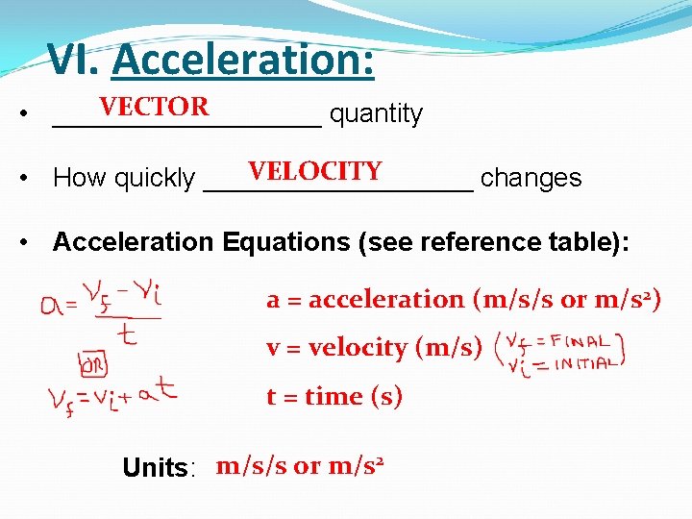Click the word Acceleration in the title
[x=243, y=61]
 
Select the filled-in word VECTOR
[x=154, y=107]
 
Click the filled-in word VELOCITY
[x=314, y=171]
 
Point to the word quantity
[x=376, y=114]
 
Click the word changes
[x=531, y=178]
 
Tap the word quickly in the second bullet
[x=154, y=179]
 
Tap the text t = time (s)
[x=334, y=396]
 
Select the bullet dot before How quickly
[x=35, y=179]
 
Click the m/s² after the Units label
[x=356, y=467]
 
